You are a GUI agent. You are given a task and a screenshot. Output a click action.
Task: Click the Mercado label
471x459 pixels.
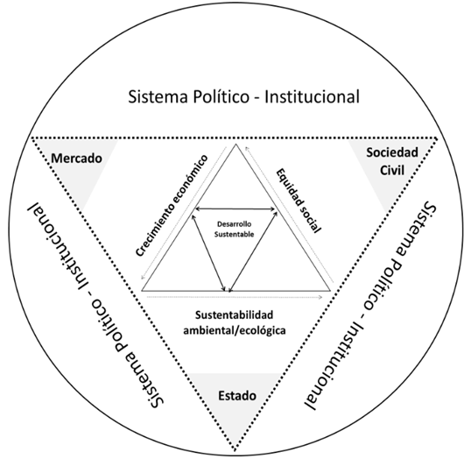76,159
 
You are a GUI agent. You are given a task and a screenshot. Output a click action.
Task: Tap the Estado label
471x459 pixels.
237,396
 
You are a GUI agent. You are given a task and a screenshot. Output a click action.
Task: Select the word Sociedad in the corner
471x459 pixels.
392,152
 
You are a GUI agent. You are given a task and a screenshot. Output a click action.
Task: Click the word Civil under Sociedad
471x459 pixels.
392,170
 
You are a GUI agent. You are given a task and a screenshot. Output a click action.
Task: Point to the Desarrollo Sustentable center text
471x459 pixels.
234,229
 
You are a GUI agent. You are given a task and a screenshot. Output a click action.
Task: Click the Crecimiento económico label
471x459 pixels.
172,205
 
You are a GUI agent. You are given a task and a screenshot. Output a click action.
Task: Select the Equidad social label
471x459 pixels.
299,201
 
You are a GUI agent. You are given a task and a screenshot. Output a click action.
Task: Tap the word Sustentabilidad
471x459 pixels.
235,315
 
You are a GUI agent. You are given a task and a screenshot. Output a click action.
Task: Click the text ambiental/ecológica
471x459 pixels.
235,330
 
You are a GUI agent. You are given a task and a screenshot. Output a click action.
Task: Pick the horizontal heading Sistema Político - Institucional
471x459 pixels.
243,96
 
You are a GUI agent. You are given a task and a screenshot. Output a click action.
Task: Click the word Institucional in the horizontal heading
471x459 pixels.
312,96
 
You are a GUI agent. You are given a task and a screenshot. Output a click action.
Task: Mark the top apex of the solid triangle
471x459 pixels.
235,144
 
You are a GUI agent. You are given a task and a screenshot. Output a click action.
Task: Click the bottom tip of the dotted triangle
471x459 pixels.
235,451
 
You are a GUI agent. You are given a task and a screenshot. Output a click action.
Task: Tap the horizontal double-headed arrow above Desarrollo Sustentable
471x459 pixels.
235,208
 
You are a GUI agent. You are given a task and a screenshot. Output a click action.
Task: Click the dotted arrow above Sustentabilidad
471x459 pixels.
235,297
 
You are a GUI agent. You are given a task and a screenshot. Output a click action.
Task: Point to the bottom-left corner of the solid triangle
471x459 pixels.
142,291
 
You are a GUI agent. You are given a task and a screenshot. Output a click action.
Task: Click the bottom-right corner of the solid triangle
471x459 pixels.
330,291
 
